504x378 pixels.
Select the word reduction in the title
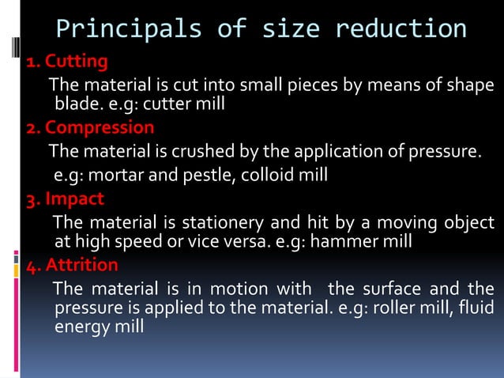tap(401, 31)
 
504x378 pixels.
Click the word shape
tap(471, 85)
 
